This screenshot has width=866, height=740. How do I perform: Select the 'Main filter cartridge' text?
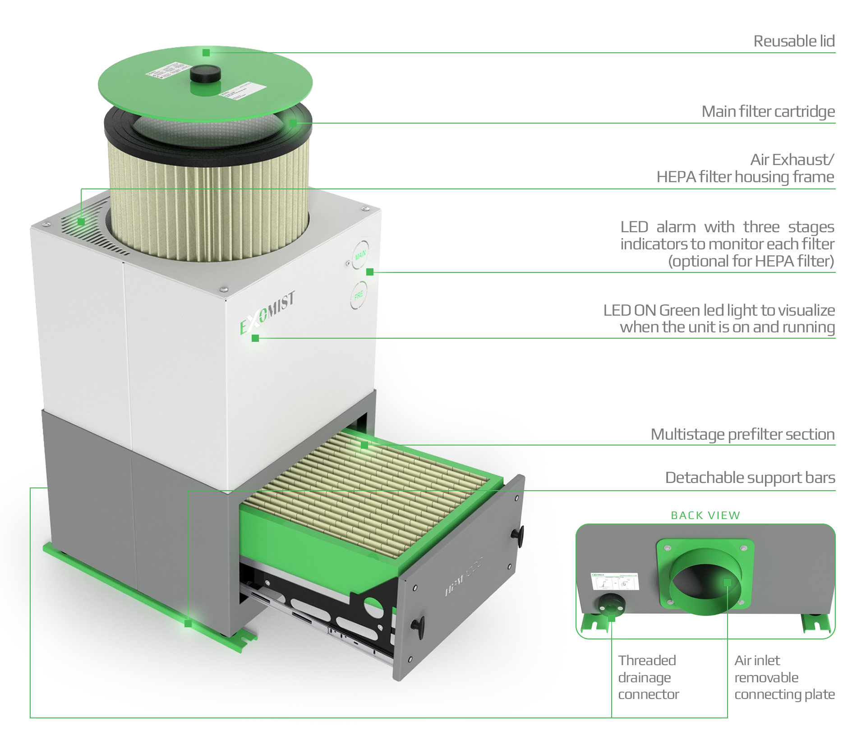tap(768, 111)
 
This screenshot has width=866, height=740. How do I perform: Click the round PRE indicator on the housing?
tap(359, 295)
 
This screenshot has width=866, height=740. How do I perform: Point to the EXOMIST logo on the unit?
tap(267, 313)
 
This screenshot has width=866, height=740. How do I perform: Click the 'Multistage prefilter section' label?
tap(742, 434)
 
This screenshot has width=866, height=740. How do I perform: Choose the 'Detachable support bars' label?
tap(750, 478)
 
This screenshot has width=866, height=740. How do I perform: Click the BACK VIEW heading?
tap(705, 515)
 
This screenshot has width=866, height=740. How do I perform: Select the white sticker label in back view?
tap(615, 582)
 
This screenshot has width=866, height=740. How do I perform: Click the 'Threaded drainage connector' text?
tap(648, 677)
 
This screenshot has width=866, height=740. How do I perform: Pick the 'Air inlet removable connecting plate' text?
tap(784, 677)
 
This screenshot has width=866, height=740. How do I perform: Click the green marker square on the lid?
tap(206, 53)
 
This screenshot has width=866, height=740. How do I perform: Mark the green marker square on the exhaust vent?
tap(81, 221)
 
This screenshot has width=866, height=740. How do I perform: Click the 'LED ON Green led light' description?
tap(719, 318)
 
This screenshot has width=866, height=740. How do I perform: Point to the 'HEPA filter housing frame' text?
tap(745, 177)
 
